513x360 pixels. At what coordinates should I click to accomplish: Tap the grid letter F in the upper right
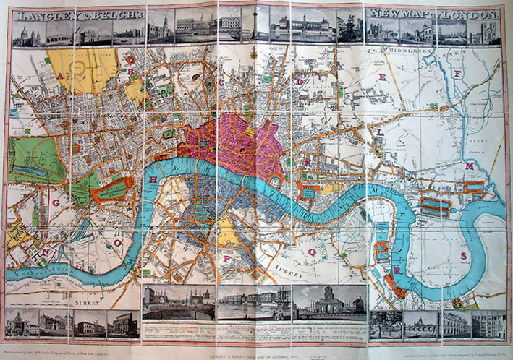457,74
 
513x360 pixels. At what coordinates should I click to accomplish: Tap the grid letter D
299,83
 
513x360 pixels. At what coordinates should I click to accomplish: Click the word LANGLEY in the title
43,14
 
